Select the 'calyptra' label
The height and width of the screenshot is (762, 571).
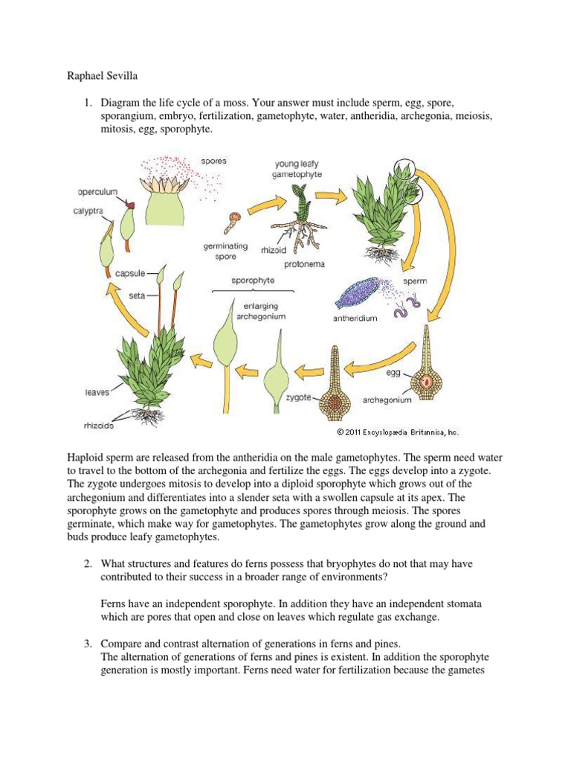89,210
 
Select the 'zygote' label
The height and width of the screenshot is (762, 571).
299,398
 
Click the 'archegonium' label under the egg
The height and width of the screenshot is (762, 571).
387,400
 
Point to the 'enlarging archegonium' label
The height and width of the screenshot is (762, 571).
260,310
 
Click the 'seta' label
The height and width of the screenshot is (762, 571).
137,295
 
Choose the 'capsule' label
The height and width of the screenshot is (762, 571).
130,273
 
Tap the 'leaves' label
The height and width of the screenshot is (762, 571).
97,391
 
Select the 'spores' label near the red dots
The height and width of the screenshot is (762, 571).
213,160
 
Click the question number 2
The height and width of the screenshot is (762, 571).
87,564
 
